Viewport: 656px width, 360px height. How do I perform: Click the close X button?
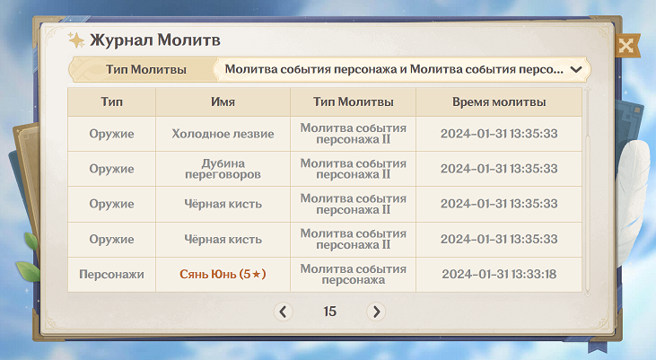coord(626,45)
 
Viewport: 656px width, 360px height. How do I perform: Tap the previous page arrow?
coord(284,312)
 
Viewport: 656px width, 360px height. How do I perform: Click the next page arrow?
coord(376,312)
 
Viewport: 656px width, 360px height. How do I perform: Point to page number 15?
coord(329,312)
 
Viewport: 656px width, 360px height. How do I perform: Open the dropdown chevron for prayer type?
coord(576,69)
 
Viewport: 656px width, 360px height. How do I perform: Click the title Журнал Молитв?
coord(154,40)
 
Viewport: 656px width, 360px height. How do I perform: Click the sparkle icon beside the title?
coord(76,40)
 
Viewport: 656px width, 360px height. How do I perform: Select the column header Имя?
coord(223,101)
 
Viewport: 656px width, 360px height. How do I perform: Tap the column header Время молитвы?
coord(499,101)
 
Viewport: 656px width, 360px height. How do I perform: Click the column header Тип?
coord(111,101)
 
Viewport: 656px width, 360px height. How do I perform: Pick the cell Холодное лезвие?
coord(223,134)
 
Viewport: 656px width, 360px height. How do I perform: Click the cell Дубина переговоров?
coord(223,169)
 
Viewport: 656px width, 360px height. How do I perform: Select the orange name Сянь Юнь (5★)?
coord(223,274)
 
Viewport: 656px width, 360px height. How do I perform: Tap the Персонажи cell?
coord(111,274)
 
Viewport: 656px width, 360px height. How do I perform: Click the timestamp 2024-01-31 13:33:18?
coord(499,274)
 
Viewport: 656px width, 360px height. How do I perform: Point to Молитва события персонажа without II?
coord(353,274)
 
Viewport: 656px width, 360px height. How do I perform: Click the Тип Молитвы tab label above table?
coord(145,69)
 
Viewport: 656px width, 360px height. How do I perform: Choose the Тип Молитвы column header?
coord(353,101)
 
